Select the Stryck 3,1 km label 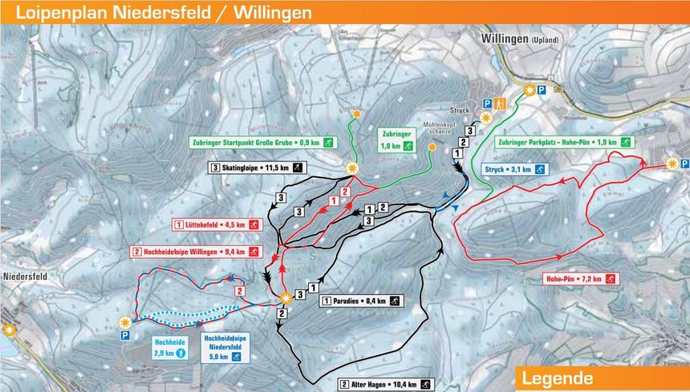pos(514,170)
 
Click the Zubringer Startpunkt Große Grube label pos(262,143)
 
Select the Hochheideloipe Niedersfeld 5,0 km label pos(225,347)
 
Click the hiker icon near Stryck pos(500,104)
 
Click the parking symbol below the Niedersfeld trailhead pos(124,337)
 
